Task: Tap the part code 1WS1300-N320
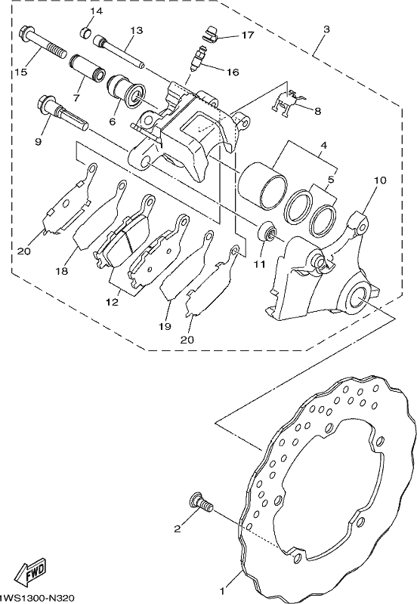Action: tap(36, 597)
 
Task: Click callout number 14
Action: tap(97, 11)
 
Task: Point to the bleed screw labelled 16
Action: tap(196, 58)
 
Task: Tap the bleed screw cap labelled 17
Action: tap(211, 33)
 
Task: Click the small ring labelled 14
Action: tap(86, 32)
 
